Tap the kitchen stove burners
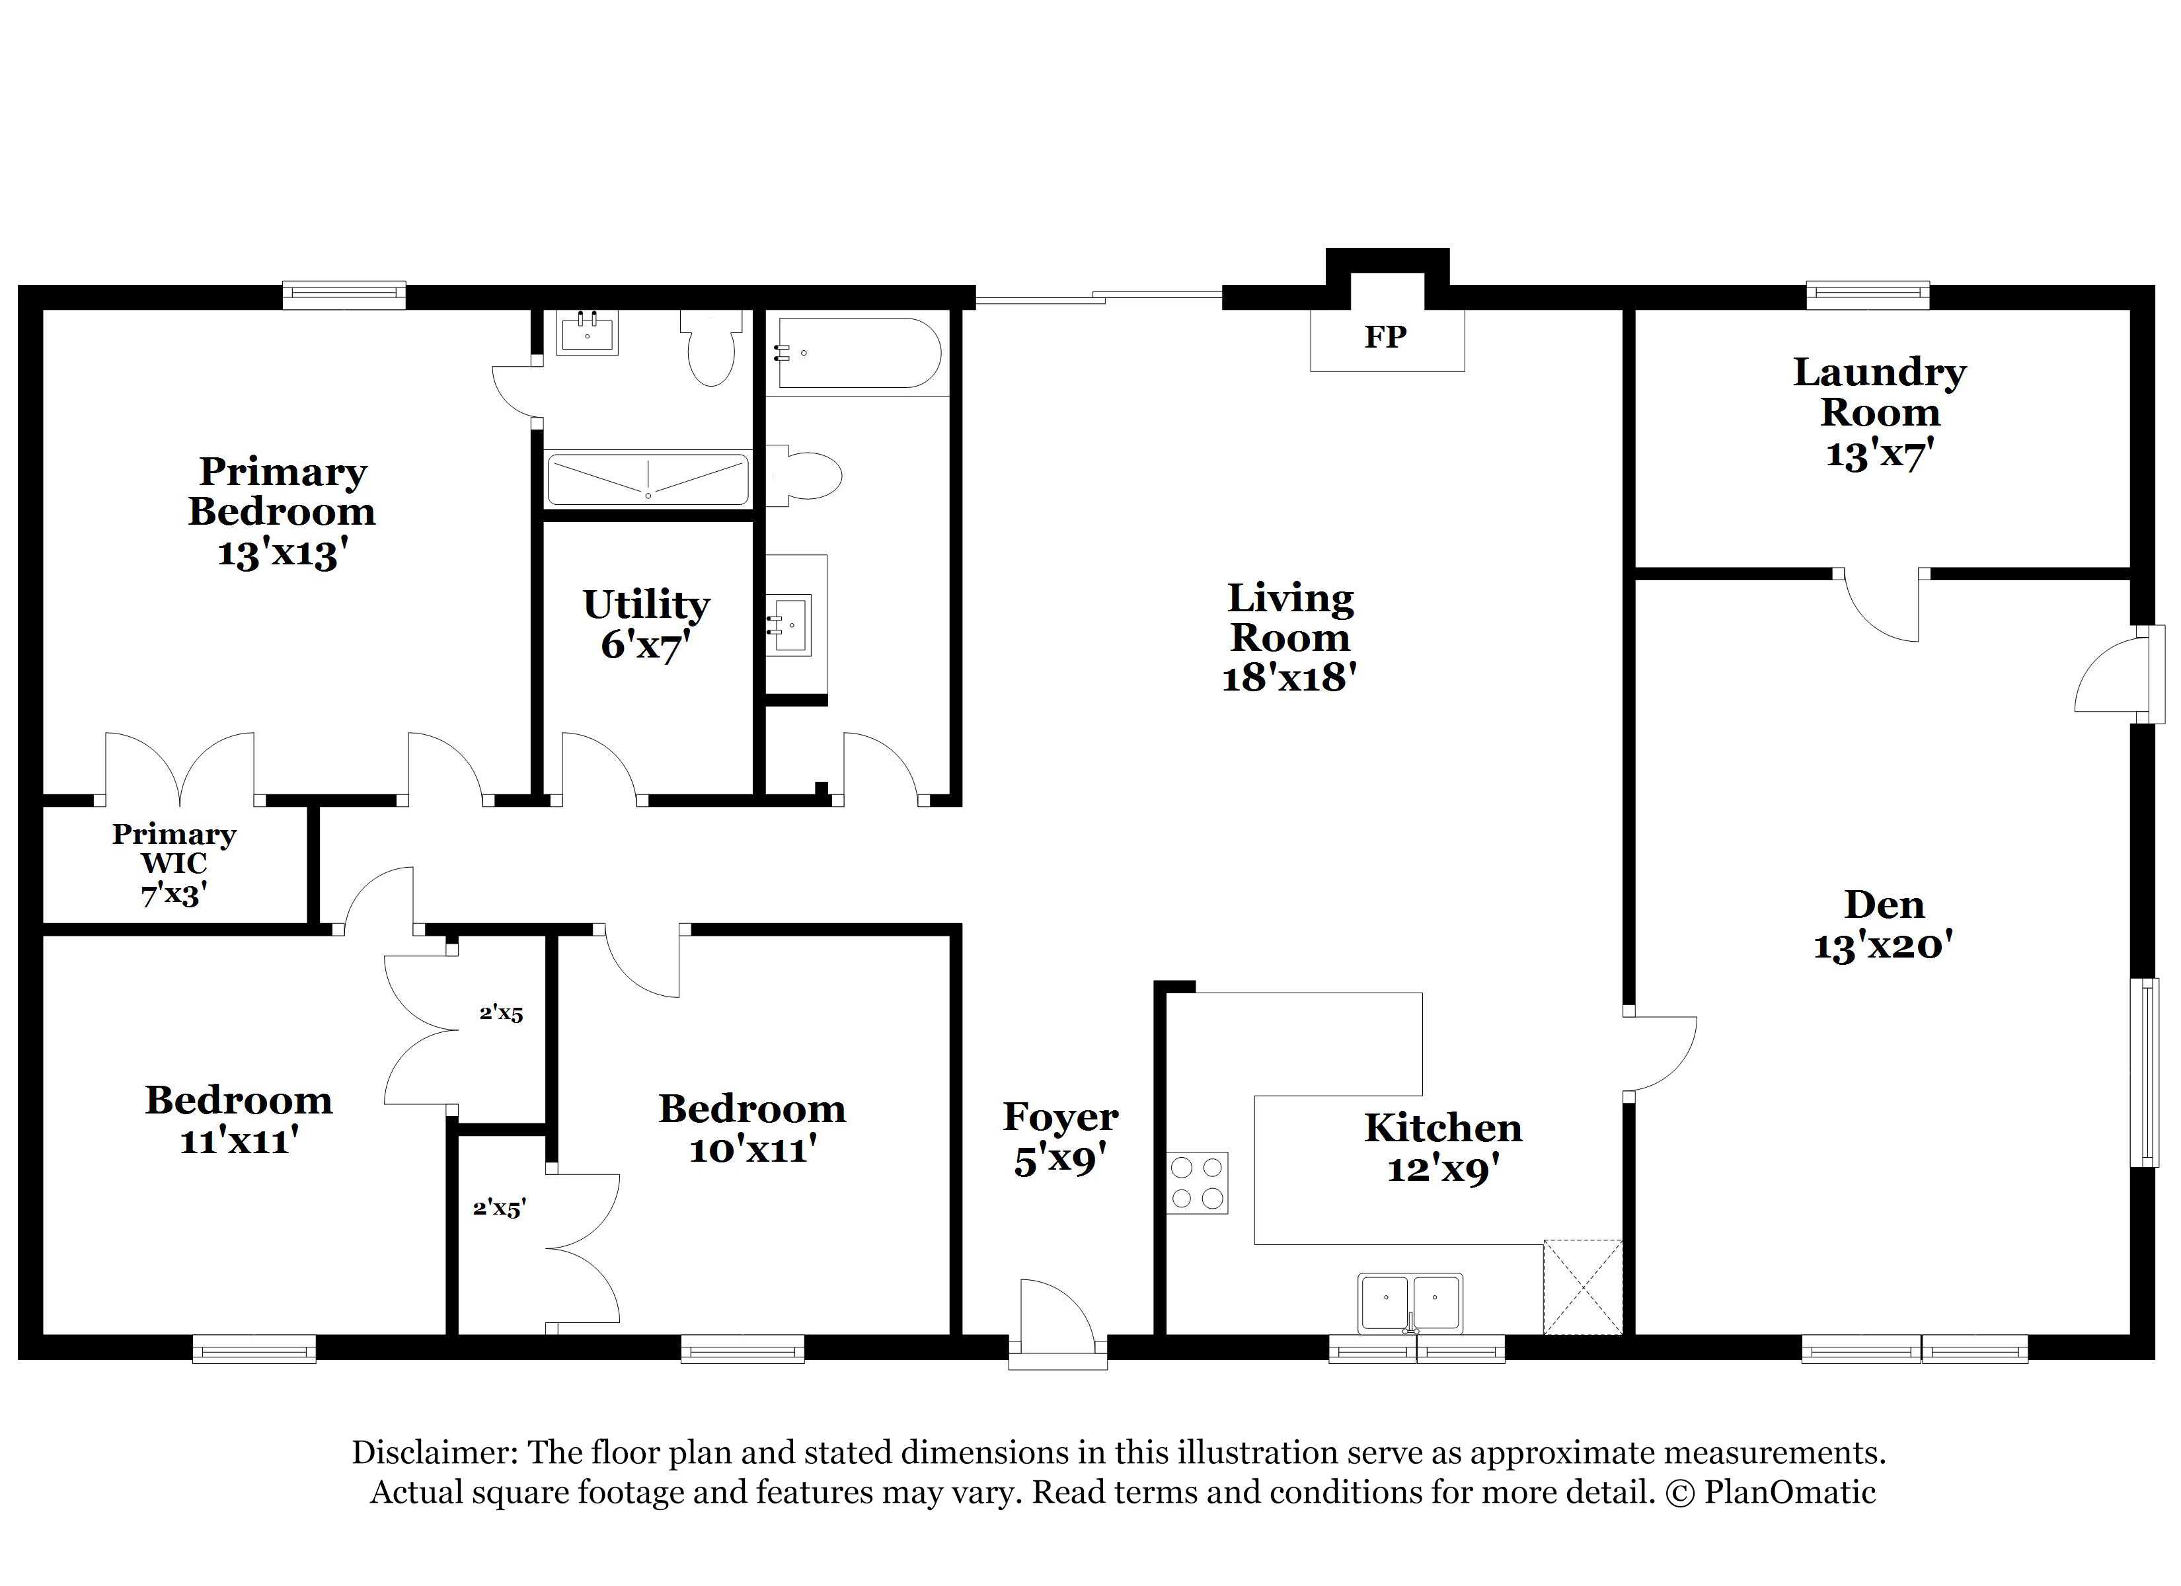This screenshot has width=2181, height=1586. tap(1198, 1182)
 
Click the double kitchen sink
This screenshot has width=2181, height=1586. tap(1410, 1303)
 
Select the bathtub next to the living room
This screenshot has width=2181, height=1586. tap(859, 353)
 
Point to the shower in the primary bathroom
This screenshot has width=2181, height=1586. tap(647, 478)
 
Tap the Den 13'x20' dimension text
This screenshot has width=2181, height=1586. tap(1883, 946)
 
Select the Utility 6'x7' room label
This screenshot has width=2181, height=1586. tap(646, 624)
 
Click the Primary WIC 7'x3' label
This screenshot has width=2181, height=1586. tap(174, 863)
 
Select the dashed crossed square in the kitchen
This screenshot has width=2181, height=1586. tap(1582, 1287)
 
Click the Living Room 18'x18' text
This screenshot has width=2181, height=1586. tap(1289, 638)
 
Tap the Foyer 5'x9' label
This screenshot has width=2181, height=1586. tap(1059, 1138)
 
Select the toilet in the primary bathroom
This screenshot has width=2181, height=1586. tap(710, 349)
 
